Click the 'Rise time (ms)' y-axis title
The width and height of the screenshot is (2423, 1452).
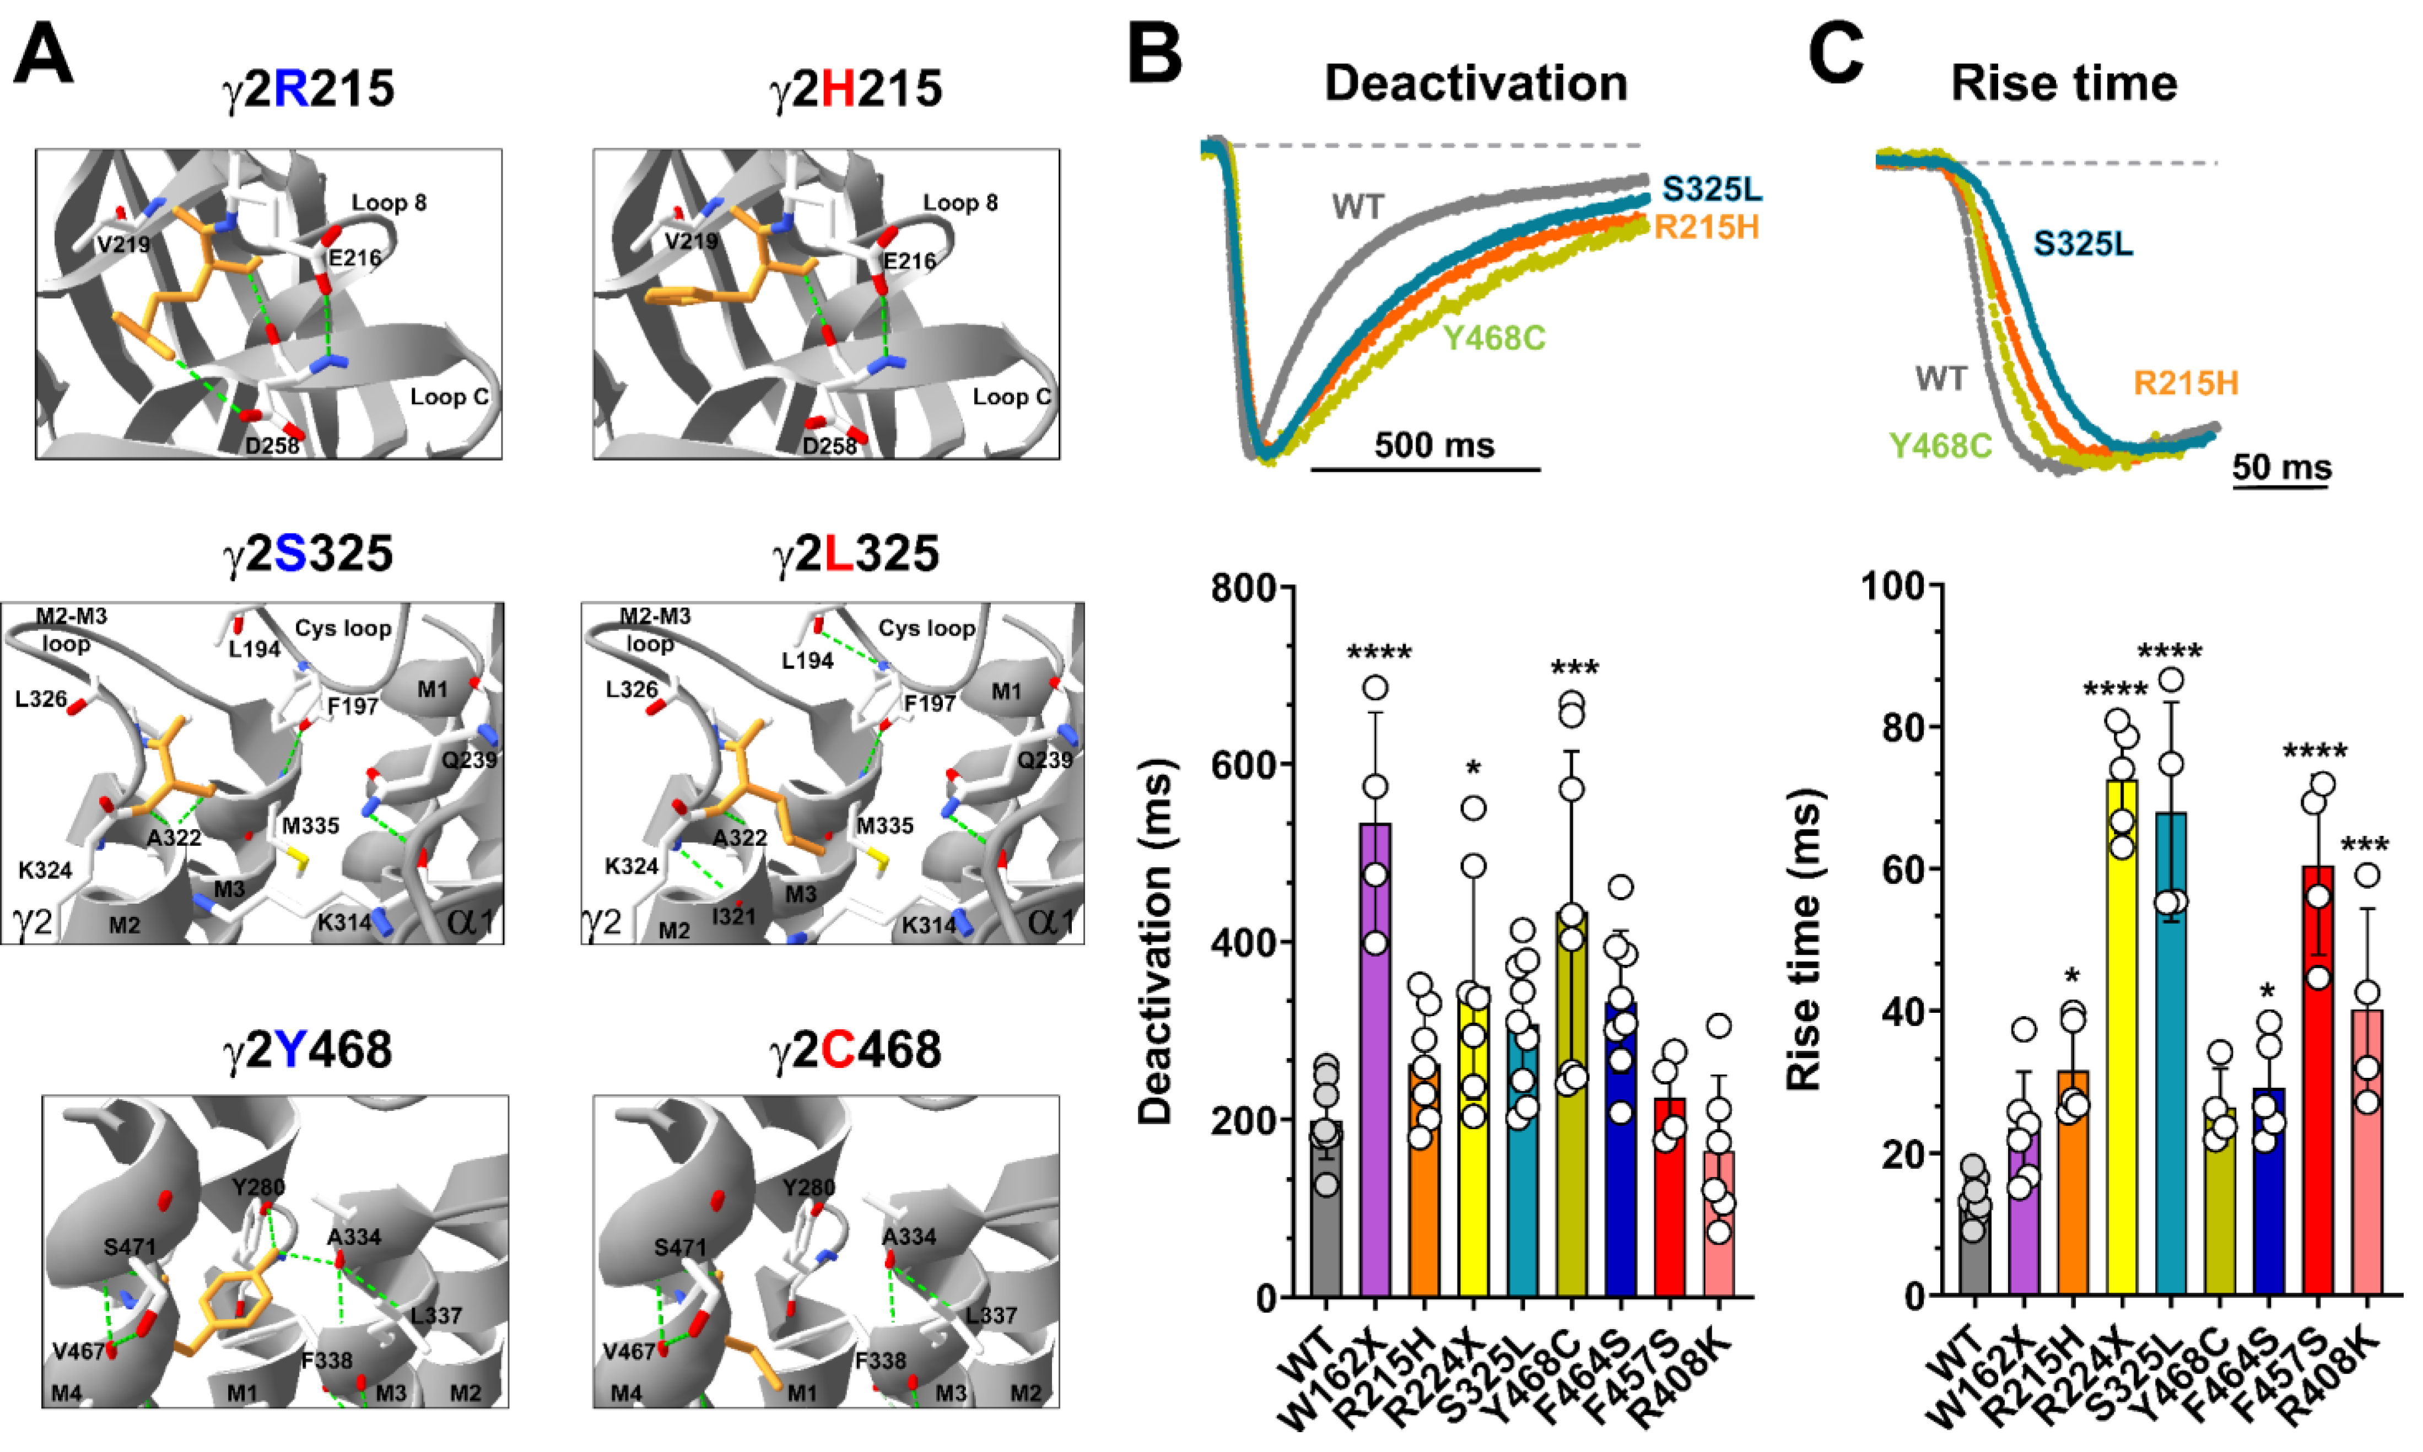1804,940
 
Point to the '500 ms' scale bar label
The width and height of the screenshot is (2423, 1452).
1434,445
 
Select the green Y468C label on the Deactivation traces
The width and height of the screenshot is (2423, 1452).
1494,338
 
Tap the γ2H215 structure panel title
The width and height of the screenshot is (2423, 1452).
856,88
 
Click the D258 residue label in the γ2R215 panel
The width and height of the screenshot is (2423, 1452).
271,446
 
